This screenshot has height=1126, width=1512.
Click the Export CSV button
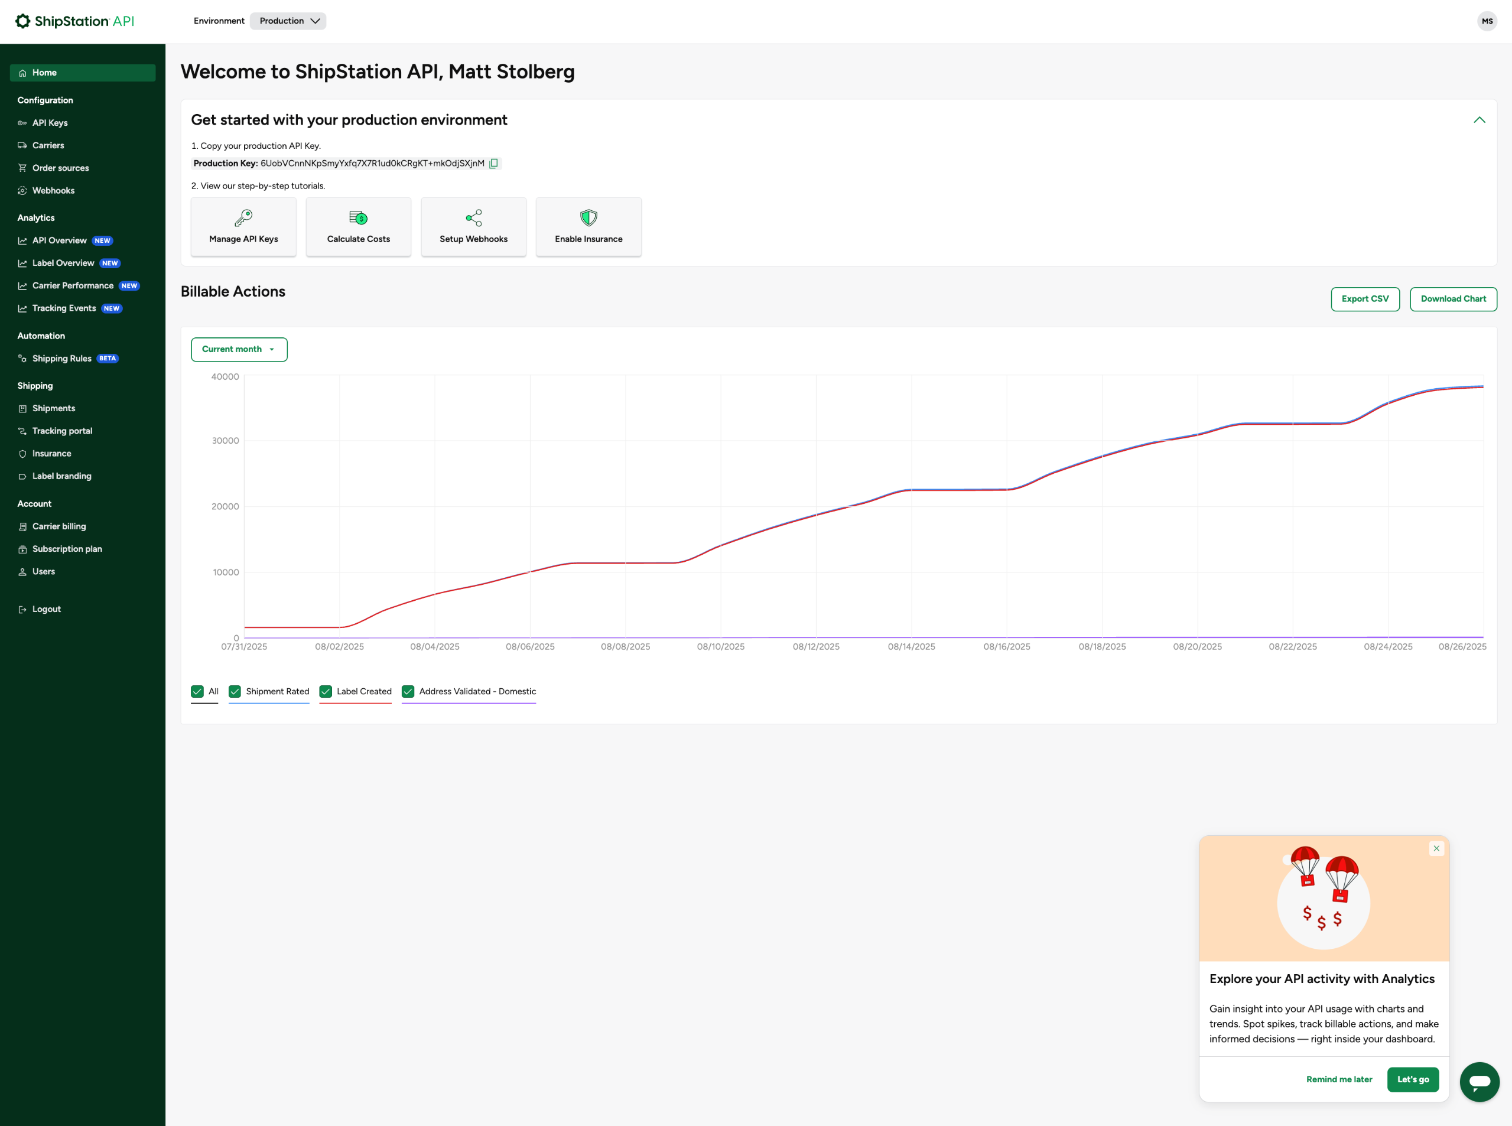pos(1365,299)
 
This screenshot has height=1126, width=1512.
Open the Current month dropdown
pos(239,350)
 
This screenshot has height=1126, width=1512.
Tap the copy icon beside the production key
pos(493,164)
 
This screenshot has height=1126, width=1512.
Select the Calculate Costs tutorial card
pos(359,227)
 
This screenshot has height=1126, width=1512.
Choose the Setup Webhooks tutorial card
pos(474,227)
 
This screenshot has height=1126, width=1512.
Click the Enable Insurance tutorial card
pos(588,227)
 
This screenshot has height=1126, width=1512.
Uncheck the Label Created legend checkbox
pos(326,691)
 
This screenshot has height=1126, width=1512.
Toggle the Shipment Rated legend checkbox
pos(235,691)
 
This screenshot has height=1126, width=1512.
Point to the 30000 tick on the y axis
pos(226,441)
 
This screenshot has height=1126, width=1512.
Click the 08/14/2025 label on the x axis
pos(912,647)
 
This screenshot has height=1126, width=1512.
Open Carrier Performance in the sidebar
pos(73,285)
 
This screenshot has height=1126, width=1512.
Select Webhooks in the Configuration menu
pos(53,191)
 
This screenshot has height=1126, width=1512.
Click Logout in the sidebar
pos(46,609)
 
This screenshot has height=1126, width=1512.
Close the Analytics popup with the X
pos(1436,848)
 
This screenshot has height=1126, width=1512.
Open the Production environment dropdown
pos(288,21)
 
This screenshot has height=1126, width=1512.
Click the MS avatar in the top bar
pos(1487,21)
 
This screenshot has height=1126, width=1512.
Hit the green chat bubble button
pos(1480,1082)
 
